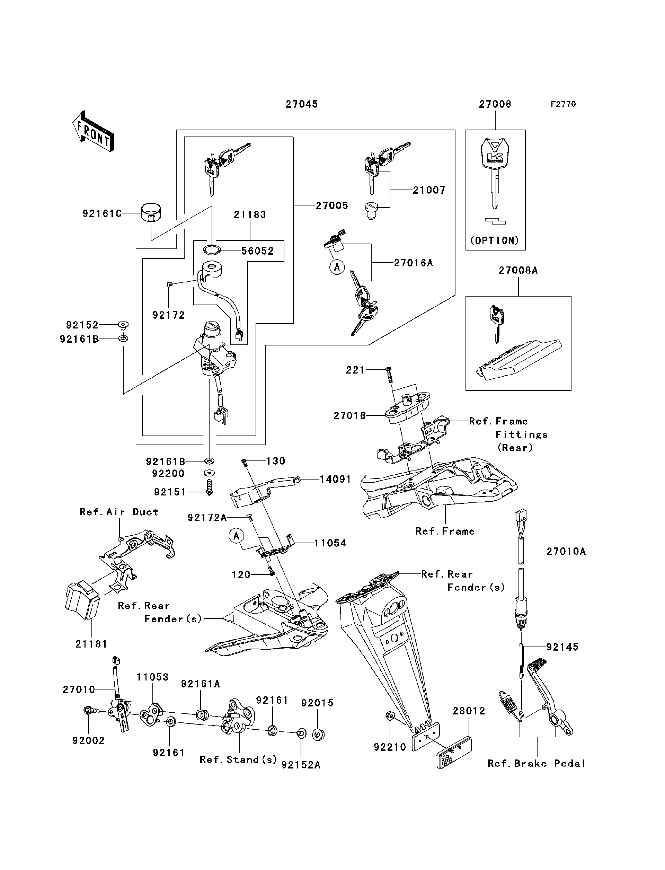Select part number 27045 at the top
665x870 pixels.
pyautogui.click(x=302, y=104)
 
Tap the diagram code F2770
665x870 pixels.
pyautogui.click(x=563, y=104)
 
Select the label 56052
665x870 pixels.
pyautogui.click(x=257, y=251)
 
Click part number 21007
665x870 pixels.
pyautogui.click(x=429, y=190)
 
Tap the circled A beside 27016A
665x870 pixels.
pyautogui.click(x=337, y=267)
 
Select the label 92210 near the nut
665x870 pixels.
pyautogui.click(x=390, y=747)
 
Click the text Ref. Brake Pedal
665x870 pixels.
pyautogui.click(x=536, y=764)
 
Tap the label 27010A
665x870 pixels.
pyautogui.click(x=566, y=551)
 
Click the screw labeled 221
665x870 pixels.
pyautogui.click(x=389, y=374)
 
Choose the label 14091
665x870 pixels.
pyautogui.click(x=335, y=480)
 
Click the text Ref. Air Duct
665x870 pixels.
pyautogui.click(x=119, y=512)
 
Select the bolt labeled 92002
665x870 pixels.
pyautogui.click(x=89, y=711)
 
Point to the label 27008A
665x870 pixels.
pyautogui.click(x=518, y=271)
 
